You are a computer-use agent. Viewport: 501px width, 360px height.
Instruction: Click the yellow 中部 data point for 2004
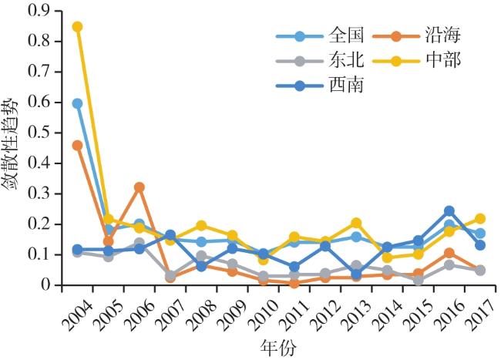pos(77,27)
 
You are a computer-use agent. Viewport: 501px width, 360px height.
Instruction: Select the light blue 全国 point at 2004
pos(77,103)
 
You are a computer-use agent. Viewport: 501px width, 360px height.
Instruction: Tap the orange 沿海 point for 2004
pos(77,145)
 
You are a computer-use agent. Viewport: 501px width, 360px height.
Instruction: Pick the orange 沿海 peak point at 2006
pos(140,187)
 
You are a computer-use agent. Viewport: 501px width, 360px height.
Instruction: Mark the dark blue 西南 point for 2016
pos(449,211)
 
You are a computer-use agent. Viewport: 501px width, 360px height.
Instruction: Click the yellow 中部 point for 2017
pos(480,219)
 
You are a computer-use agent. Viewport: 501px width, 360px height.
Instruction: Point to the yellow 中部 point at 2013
pos(356,223)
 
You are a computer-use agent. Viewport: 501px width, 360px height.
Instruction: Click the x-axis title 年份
pos(273,348)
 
